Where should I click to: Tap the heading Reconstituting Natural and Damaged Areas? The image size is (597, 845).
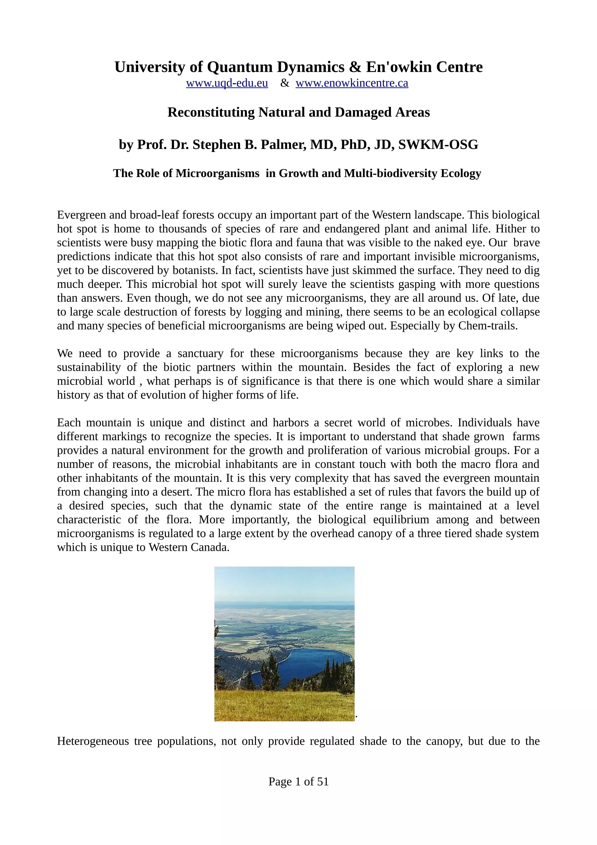pyautogui.click(x=298, y=112)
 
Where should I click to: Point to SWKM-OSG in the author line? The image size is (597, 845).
pyautogui.click(x=438, y=145)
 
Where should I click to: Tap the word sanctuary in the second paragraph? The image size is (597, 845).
pyautogui.click(x=200, y=353)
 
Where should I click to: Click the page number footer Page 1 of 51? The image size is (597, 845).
pyautogui.click(x=298, y=781)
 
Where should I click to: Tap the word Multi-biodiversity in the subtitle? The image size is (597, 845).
pyautogui.click(x=391, y=173)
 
